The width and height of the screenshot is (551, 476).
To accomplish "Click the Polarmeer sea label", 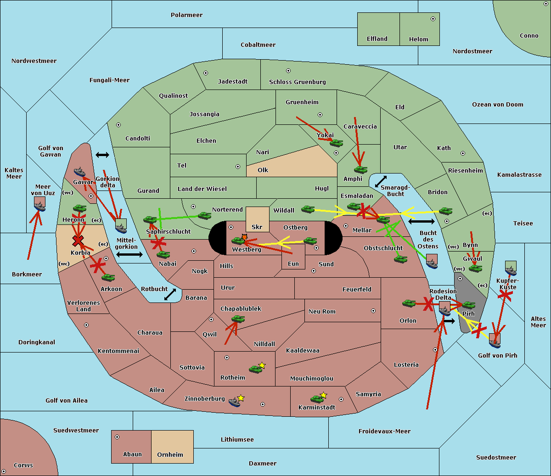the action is (186, 15).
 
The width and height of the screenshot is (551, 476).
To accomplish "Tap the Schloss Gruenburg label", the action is (298, 82).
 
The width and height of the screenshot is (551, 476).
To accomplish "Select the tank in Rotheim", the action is (255, 370).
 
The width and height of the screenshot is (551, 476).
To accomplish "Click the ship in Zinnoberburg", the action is (234, 402).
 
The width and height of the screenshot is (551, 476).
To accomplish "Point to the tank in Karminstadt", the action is (317, 399).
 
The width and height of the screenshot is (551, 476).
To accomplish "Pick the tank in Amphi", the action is (360, 169).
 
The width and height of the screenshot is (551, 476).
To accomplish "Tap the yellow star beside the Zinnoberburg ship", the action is (241, 398).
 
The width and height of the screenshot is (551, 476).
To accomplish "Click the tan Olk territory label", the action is (263, 170).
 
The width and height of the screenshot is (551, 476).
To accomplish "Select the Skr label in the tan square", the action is (257, 227).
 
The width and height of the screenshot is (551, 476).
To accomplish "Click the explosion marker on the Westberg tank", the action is (244, 237).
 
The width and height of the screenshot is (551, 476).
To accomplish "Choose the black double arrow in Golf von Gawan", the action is (102, 155).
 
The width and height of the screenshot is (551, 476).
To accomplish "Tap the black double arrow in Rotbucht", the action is (170, 294).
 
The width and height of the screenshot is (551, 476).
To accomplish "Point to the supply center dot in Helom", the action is (433, 19).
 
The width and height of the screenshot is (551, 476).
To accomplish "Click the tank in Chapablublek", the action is (238, 319).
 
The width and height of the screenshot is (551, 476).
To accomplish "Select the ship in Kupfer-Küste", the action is (511, 268).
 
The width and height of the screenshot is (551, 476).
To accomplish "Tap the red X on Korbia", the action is (78, 241).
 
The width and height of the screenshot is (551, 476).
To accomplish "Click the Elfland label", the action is (377, 39).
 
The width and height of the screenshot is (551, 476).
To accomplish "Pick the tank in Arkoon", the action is (108, 278).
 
